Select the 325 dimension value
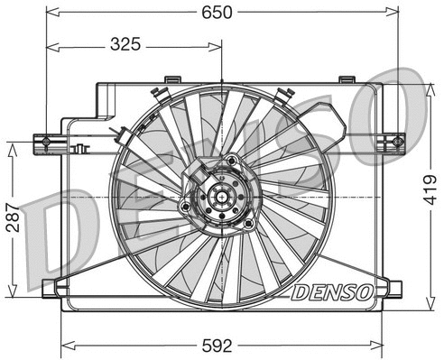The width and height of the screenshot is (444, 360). [x=131, y=43]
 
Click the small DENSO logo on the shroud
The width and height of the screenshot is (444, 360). [x=330, y=292]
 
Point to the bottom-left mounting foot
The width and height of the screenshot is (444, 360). [x=52, y=289]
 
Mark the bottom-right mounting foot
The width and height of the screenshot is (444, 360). [x=392, y=289]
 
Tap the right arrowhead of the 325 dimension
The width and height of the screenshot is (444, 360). [x=217, y=43]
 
